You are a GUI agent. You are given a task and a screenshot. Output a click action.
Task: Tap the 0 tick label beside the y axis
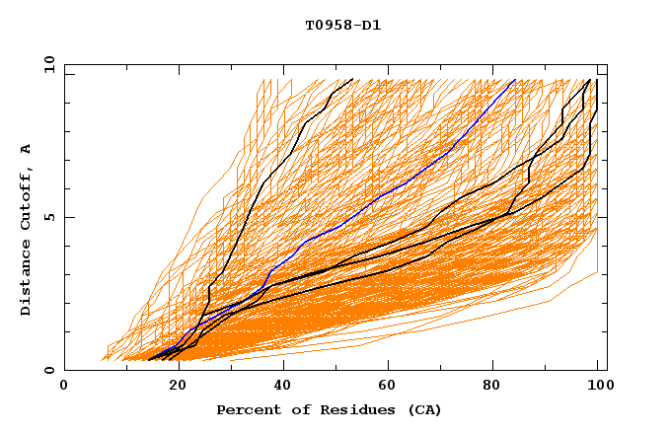pyautogui.click(x=50, y=370)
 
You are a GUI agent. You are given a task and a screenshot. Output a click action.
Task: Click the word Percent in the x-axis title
pyautogui.click(x=245, y=409)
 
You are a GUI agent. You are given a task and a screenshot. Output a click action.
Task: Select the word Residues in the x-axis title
pyautogui.click(x=354, y=409)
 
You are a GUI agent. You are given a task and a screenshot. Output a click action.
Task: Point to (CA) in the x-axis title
pyautogui.click(x=424, y=409)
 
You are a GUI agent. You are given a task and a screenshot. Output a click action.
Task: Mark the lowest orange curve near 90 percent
pyautogui.click(x=548, y=301)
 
